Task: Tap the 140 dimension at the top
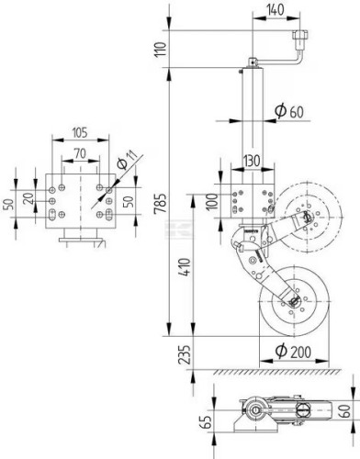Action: (x=275, y=10)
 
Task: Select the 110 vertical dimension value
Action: (x=161, y=49)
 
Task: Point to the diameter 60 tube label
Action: (x=289, y=111)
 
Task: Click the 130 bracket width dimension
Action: (x=252, y=161)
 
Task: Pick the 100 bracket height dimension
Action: (x=211, y=201)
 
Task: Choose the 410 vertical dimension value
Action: (x=186, y=267)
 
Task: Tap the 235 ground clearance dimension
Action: (x=185, y=355)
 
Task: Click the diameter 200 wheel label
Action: (x=293, y=352)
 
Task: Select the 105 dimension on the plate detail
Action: (x=80, y=133)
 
